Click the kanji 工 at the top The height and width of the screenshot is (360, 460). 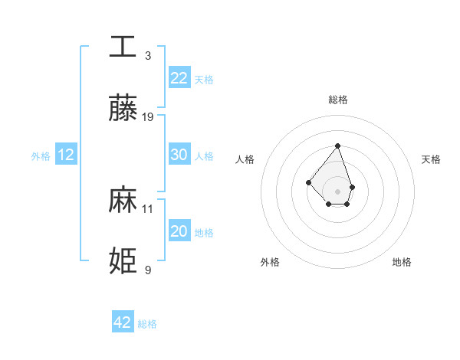coord(123,47)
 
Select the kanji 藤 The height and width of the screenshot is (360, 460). coord(123,109)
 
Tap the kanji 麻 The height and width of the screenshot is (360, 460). coord(123,200)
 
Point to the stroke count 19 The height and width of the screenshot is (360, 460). coord(148,117)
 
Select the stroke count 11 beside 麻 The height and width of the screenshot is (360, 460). coord(148,208)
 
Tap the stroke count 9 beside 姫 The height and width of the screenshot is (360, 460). coord(148,270)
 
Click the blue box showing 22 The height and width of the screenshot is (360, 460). coord(179,78)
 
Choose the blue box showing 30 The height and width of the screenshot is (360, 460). coord(179,155)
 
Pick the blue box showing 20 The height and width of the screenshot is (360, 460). coord(179,231)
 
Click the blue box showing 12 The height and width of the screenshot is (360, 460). coord(66,155)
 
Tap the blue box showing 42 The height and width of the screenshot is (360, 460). coord(123,322)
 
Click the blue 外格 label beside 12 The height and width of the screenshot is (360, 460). coord(41,156)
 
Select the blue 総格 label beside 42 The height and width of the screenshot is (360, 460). coord(147,324)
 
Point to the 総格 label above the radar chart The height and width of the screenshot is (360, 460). coord(337,100)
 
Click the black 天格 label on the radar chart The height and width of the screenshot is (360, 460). coord(431,159)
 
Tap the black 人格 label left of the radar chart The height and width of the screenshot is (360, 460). coord(245,159)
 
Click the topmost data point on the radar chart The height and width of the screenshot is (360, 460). coord(337,146)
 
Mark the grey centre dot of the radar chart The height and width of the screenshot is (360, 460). coord(337,191)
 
